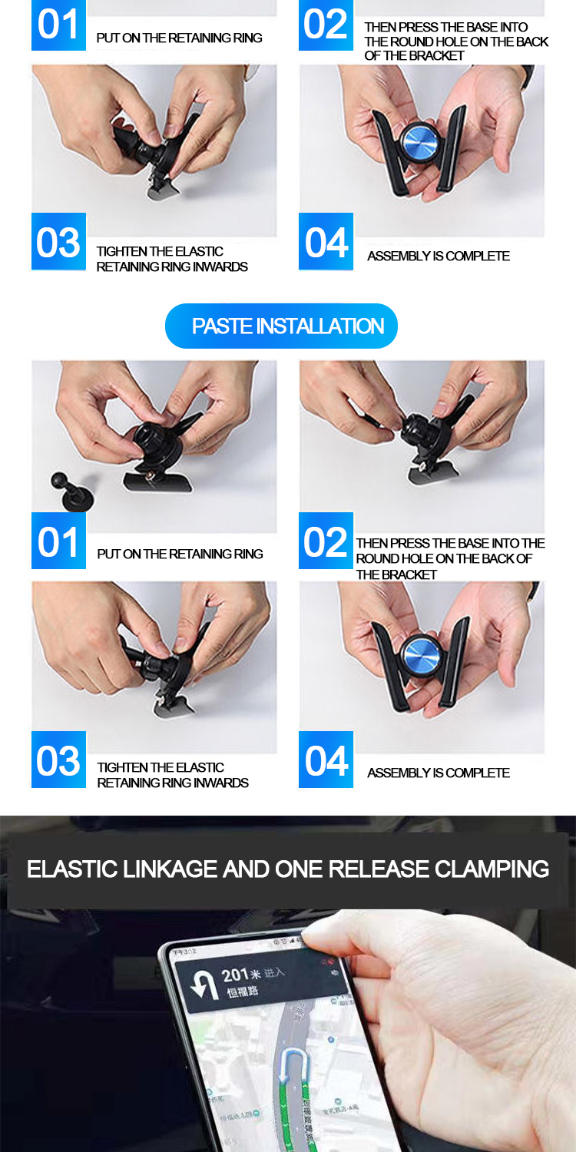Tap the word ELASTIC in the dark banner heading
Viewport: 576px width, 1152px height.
tap(71, 869)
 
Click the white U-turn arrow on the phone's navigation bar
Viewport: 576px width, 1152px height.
tap(204, 986)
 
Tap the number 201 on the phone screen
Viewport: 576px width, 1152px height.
tap(235, 975)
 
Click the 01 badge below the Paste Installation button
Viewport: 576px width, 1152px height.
tap(58, 542)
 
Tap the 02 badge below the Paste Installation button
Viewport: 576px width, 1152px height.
tap(326, 542)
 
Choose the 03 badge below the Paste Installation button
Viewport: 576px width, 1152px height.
tap(58, 760)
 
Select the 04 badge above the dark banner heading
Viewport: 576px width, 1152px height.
tap(326, 760)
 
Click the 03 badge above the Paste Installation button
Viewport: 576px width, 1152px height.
tap(58, 242)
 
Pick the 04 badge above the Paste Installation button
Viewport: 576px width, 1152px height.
tap(326, 242)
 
